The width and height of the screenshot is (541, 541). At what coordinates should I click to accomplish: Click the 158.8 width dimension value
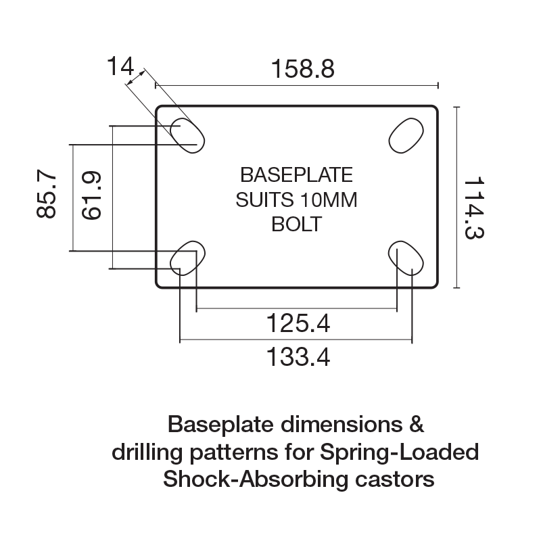click(302, 70)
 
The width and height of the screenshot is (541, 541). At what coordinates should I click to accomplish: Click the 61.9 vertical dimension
click(91, 195)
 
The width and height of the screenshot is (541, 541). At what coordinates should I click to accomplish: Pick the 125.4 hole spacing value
click(297, 325)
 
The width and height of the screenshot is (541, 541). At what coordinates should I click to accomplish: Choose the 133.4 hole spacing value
click(297, 356)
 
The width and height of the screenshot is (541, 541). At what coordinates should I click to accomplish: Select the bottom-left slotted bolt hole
click(185, 259)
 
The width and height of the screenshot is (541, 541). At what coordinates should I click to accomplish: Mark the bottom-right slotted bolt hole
click(406, 259)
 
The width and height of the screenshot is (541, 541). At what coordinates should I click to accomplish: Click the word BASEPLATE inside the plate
click(297, 175)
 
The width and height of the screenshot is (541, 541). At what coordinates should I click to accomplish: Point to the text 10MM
click(331, 199)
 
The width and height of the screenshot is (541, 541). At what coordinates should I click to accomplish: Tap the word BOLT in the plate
click(297, 224)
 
